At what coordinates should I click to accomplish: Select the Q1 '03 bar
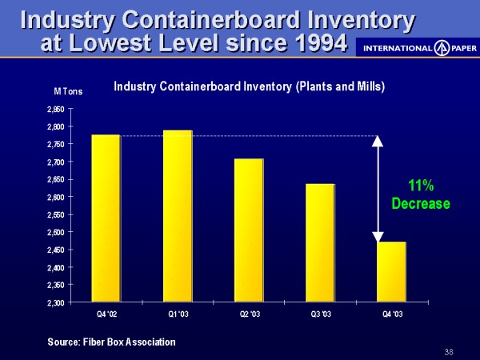coord(176,216)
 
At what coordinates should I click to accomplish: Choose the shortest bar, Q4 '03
coord(391,272)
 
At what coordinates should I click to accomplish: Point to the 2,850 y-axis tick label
coord(55,110)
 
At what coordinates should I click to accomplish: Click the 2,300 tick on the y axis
coord(55,302)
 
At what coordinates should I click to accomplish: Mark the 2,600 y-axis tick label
coord(55,197)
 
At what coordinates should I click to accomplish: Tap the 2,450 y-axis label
coord(55,250)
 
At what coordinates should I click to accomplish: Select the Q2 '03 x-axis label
coord(248,313)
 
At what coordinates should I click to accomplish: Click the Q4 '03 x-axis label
coord(392,313)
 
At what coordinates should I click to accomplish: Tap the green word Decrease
coord(421,204)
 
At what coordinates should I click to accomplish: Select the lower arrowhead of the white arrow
coord(378,237)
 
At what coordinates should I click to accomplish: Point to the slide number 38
coord(448,352)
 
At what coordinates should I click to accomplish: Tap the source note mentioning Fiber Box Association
coord(111,342)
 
